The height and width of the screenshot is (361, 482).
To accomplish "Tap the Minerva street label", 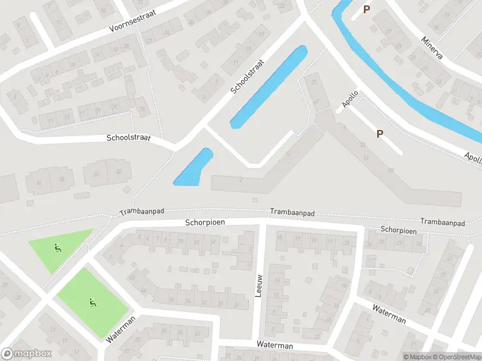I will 431,48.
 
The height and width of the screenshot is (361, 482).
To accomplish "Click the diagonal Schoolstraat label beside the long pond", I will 248,76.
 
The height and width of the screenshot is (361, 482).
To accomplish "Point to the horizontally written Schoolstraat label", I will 128,138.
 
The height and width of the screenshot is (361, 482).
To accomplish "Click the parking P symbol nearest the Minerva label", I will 366,10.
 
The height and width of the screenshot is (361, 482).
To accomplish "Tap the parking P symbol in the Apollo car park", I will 380,134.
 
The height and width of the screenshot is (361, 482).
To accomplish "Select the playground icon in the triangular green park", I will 58,246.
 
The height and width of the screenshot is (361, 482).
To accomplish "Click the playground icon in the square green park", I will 92,302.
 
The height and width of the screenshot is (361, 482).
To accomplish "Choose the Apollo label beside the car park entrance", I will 350,99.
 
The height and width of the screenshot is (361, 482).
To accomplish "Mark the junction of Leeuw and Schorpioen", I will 263,224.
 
